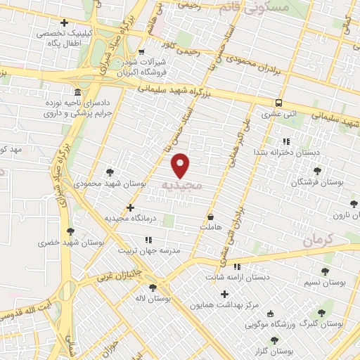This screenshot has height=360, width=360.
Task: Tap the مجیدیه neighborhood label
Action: pyautogui.click(x=182, y=186)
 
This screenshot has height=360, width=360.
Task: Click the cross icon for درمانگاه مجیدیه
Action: pyautogui.click(x=130, y=207)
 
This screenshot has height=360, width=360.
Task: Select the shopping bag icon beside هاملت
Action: pyautogui.click(x=211, y=217)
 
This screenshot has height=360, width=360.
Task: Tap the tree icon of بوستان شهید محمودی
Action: pyautogui.click(x=110, y=171)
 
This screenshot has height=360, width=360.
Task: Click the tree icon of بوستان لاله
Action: pyautogui.click(x=153, y=287)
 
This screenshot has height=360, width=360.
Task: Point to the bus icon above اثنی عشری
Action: pyautogui.click(x=280, y=102)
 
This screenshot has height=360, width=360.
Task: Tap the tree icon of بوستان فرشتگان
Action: pyautogui.click(x=317, y=171)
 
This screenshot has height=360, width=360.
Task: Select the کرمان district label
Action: pyautogui.click(x=318, y=241)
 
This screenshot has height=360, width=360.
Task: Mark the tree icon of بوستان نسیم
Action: pyautogui.click(x=324, y=271)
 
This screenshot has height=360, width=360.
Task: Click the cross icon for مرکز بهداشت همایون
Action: pyautogui.click(x=224, y=295)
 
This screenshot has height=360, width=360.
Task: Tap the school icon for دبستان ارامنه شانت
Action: pyautogui.click(x=237, y=266)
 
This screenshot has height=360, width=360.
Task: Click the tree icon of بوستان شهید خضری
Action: pyautogui.click(x=69, y=231)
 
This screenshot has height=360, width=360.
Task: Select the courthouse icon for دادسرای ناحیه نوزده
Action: pyautogui.click(x=77, y=93)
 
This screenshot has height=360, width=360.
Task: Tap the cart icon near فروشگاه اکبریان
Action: pyautogui.click(x=141, y=51)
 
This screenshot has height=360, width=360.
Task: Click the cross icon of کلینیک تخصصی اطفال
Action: pyautogui.click(x=65, y=22)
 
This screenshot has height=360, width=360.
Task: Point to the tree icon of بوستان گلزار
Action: pyautogui.click(x=274, y=340)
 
